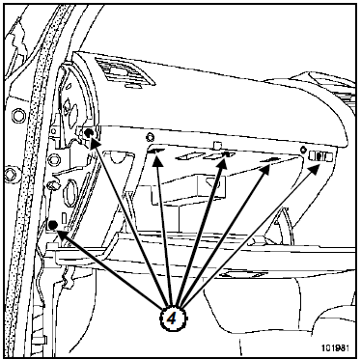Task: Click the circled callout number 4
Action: click(x=172, y=318)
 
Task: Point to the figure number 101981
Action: click(x=335, y=347)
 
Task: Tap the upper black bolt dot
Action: click(x=89, y=133)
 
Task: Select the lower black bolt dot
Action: click(x=53, y=225)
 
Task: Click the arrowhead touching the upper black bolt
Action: click(x=95, y=142)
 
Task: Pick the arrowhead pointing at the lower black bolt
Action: click(x=62, y=234)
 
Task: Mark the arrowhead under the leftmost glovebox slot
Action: click(x=157, y=160)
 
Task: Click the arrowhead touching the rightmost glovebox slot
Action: click(x=266, y=168)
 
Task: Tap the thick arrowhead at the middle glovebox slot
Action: click(x=223, y=161)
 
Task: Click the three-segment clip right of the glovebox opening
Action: click(x=320, y=156)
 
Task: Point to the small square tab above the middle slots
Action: click(x=218, y=145)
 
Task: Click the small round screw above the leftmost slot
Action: click(x=149, y=138)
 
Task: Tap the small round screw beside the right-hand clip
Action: click(x=302, y=150)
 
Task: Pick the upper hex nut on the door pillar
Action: click(x=18, y=116)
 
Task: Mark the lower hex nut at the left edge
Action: click(x=11, y=174)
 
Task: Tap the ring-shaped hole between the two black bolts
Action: click(x=54, y=159)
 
